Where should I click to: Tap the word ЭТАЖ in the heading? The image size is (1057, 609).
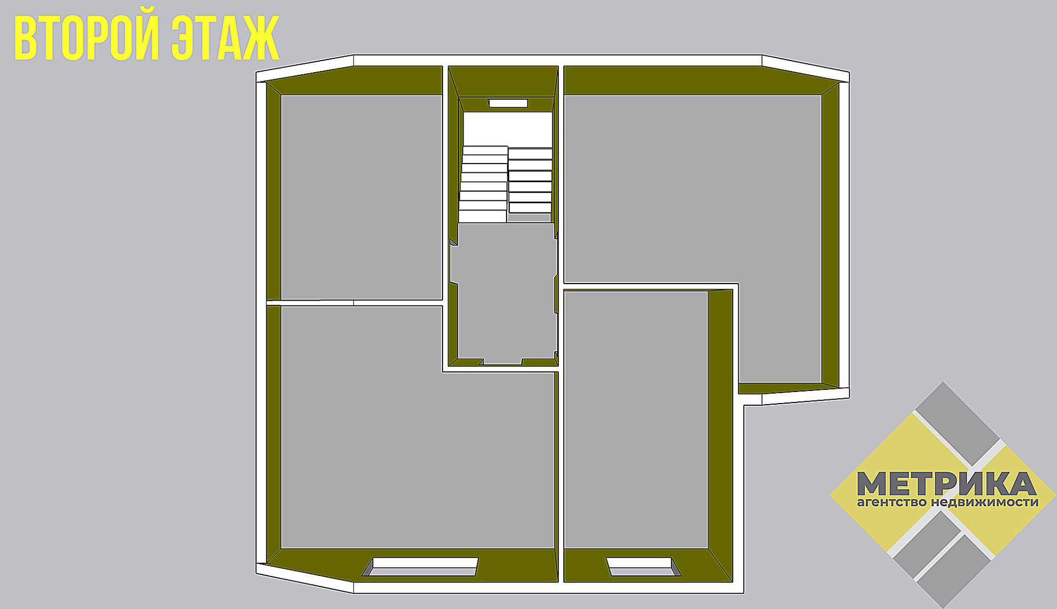coord(225,38)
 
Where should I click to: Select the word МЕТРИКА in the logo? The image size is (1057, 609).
coord(946,483)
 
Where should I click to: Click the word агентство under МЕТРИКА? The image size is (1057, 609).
coord(891,502)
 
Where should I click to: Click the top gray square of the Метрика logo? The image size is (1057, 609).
coord(957,424)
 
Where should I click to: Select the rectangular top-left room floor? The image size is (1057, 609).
coord(361,197)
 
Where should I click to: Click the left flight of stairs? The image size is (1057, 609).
coord(484,184)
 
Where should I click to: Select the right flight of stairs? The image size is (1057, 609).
coord(530,182)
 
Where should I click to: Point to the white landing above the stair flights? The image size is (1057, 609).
coord(507,129)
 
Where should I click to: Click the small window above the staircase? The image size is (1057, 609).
coord(508,103)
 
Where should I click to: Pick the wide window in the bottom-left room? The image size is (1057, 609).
coord(423,567)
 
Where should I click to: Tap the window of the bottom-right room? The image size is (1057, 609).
coord(642,567)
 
